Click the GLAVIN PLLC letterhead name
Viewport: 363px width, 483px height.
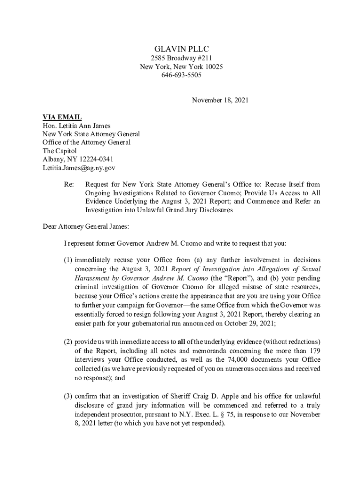[181, 49]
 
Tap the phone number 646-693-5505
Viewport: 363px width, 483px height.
[181, 75]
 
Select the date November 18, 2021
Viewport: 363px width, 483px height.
[220, 100]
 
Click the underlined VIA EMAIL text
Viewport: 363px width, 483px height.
[62, 117]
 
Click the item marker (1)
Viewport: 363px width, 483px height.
[68, 260]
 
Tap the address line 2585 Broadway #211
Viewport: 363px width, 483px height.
[181, 58]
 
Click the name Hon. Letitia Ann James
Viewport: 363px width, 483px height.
[76, 125]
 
